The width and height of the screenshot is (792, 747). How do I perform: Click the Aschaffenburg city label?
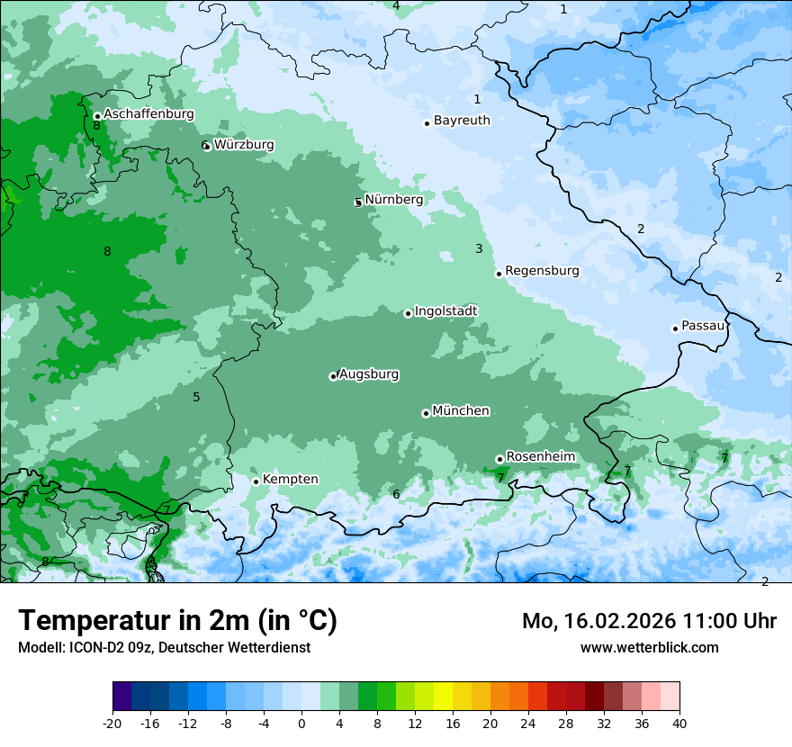click(148, 114)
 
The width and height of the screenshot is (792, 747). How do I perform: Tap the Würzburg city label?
click(244, 144)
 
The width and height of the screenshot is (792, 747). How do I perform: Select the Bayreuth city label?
click(462, 120)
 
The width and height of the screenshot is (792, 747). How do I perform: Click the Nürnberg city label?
click(394, 199)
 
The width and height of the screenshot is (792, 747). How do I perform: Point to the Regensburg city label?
click(542, 270)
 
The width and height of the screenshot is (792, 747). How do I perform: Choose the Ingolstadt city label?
click(445, 311)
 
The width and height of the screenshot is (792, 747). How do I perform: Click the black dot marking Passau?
click(675, 328)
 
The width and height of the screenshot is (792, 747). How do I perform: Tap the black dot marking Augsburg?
click(333, 376)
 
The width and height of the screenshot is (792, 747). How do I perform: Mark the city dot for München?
click(426, 414)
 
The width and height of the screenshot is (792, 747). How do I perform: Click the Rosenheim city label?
click(540, 456)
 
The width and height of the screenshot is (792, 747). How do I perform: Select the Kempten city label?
click(290, 479)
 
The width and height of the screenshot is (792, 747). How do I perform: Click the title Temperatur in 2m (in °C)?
click(177, 621)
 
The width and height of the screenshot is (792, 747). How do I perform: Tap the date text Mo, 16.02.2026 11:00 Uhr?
click(649, 621)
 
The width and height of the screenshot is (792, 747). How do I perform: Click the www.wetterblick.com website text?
click(649, 647)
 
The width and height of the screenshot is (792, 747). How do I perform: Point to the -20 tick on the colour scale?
click(112, 723)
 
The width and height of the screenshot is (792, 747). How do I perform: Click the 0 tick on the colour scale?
click(301, 723)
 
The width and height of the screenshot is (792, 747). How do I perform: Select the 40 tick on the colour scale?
click(679, 723)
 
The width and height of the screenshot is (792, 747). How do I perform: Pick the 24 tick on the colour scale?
click(528, 723)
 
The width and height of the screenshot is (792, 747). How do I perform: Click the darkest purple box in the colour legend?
click(121, 697)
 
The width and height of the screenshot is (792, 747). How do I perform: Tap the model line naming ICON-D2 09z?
click(164, 647)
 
